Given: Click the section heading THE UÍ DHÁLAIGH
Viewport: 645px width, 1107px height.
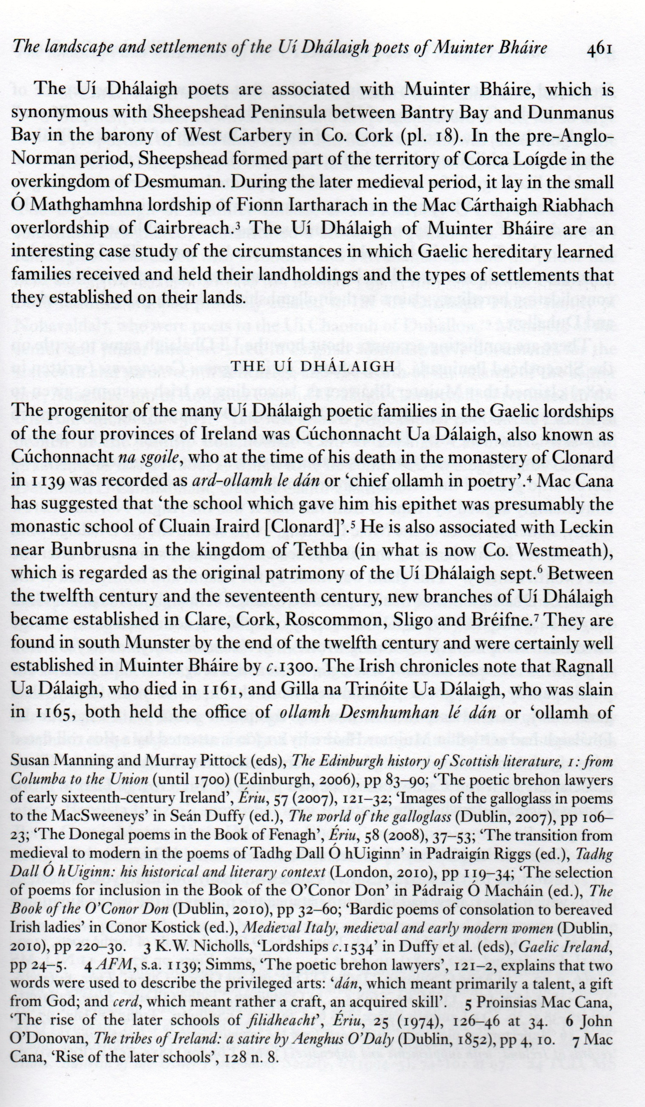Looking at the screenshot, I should tap(313, 366).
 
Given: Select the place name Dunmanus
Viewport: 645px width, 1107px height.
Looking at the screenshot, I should tap(570, 113).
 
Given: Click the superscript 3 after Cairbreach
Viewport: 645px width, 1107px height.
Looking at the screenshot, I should tap(237, 224).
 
